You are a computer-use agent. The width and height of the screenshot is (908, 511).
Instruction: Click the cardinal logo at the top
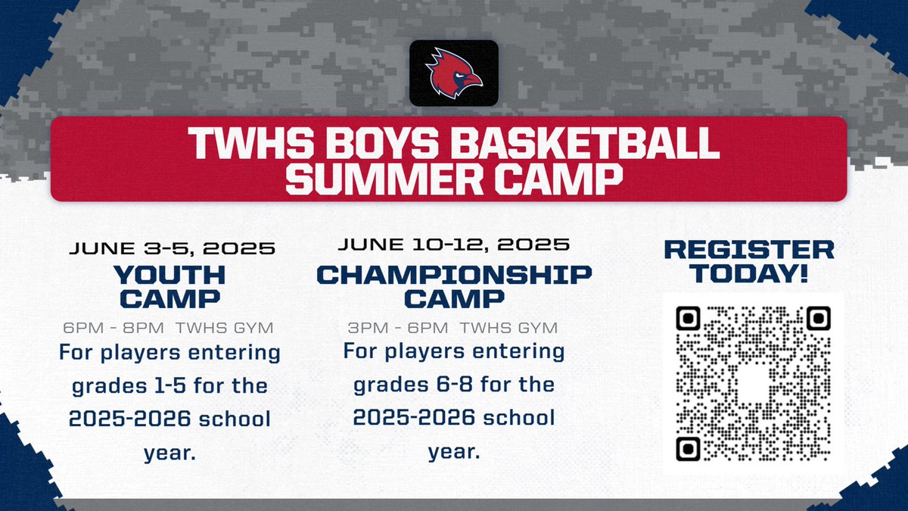[x=453, y=73]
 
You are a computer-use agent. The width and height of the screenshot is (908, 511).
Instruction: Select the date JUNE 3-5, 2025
[x=172, y=248]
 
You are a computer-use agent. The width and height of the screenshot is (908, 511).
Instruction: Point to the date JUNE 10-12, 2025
[x=453, y=245]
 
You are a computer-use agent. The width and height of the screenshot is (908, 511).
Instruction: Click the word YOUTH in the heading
[x=169, y=273]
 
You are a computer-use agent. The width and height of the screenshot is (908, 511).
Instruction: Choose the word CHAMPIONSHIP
[x=454, y=274]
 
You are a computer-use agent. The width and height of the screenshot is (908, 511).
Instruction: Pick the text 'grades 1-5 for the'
[x=169, y=387]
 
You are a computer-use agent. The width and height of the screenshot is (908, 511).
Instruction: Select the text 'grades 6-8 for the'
[x=454, y=385]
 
